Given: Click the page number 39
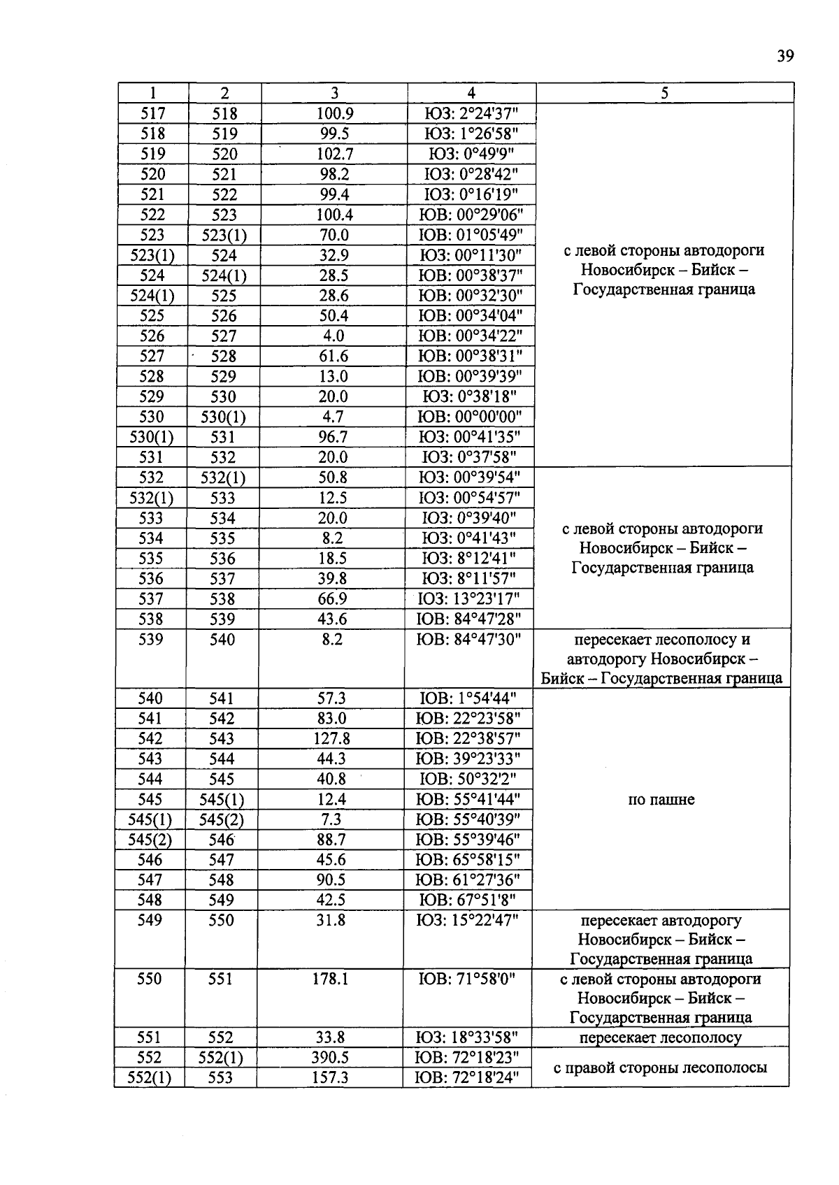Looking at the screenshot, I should coord(784,56).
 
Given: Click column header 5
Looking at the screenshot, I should coord(664,93).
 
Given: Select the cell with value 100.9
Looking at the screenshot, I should coord(334,113).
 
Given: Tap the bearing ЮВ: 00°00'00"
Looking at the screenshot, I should coord(470,417).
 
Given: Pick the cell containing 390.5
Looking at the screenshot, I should coord(330,1058).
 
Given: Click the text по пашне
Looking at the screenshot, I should coord(661,799).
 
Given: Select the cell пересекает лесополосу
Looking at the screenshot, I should coord(660,1037).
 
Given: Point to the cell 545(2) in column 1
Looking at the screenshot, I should coord(150,840).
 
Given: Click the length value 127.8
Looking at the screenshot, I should coord(331,739).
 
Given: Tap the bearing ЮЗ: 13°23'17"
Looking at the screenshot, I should coord(469,599).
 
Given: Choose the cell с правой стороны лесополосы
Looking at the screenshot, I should coord(660,1068).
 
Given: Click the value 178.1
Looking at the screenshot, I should coord(330,979).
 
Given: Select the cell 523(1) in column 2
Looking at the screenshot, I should coord(224,235).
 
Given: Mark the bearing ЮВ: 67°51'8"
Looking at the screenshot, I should coord(468,900).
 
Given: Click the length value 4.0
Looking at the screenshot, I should coord(334,336).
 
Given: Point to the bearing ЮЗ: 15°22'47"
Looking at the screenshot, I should coord(468,921).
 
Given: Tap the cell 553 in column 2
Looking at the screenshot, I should coord(220,1078).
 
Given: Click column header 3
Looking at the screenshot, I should coord(334,93).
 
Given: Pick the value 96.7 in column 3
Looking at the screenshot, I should coord(334,438).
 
